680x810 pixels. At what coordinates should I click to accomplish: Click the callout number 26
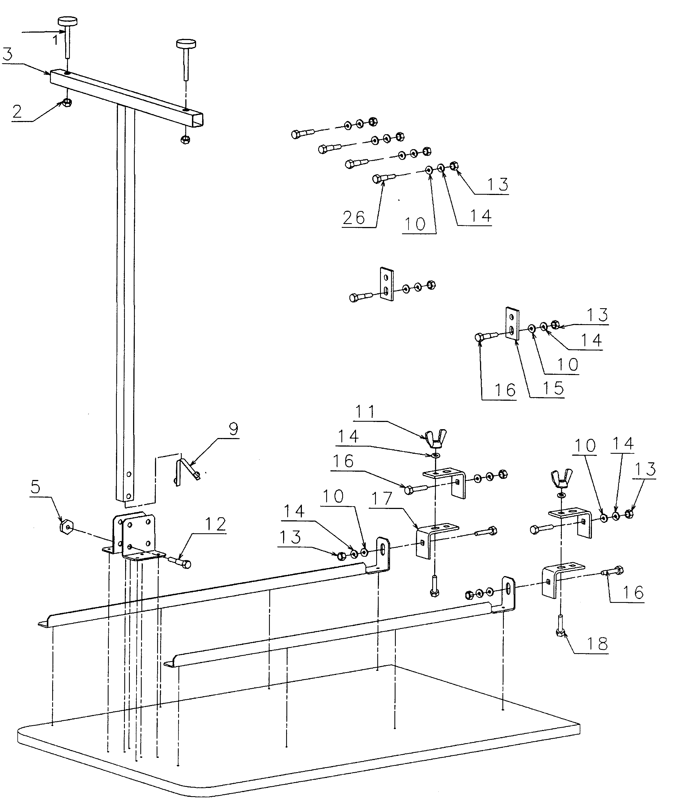(x=354, y=218)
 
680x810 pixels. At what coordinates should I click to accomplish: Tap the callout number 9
(x=233, y=429)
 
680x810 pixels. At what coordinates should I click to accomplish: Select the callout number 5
(x=35, y=487)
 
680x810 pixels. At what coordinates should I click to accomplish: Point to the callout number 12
(x=215, y=524)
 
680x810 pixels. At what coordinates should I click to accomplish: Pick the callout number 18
(x=597, y=644)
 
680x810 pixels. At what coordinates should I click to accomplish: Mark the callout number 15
(x=554, y=388)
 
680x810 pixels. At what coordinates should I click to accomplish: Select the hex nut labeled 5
(x=66, y=525)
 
